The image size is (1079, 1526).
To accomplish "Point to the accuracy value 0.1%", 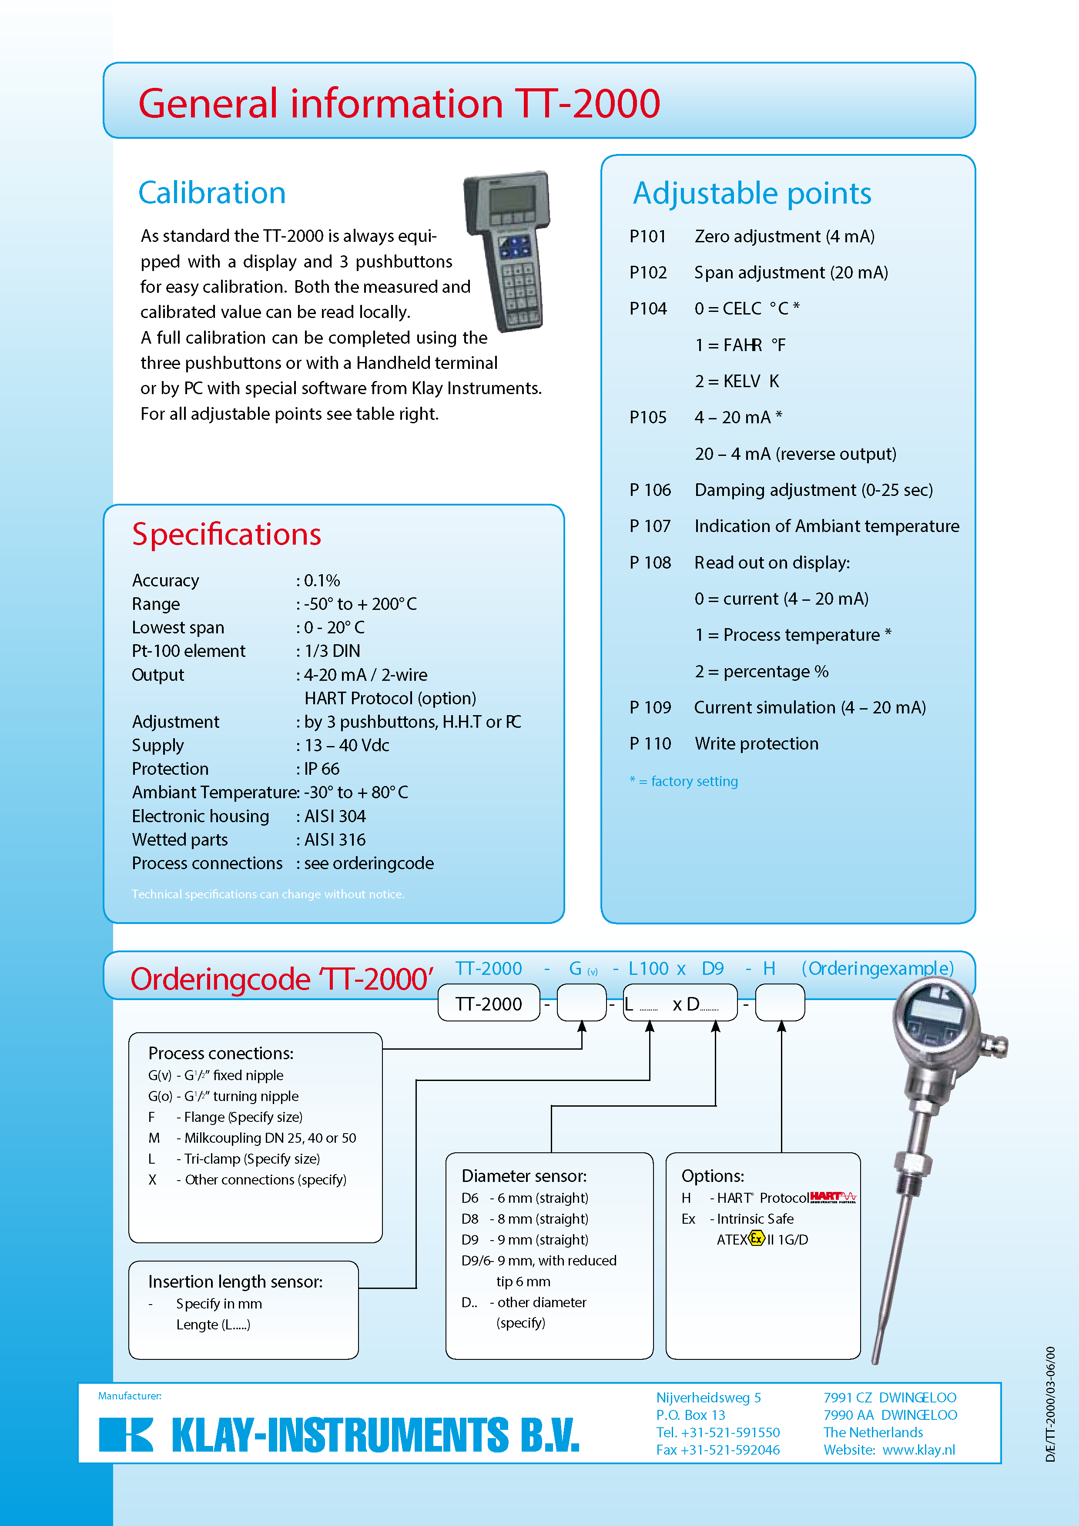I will (322, 581).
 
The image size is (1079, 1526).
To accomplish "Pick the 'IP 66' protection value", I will (322, 769).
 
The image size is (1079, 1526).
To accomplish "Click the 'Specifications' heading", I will (227, 534).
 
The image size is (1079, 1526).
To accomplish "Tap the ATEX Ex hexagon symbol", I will (757, 1238).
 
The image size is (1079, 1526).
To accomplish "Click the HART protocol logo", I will (833, 1197).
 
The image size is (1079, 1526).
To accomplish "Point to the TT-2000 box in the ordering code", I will (489, 1004).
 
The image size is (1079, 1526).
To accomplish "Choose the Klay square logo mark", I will (126, 1434).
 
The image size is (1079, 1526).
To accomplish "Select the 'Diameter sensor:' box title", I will (524, 1176).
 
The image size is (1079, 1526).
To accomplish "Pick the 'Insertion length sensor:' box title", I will (235, 1282).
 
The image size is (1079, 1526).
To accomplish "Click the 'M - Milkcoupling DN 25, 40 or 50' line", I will (253, 1138).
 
